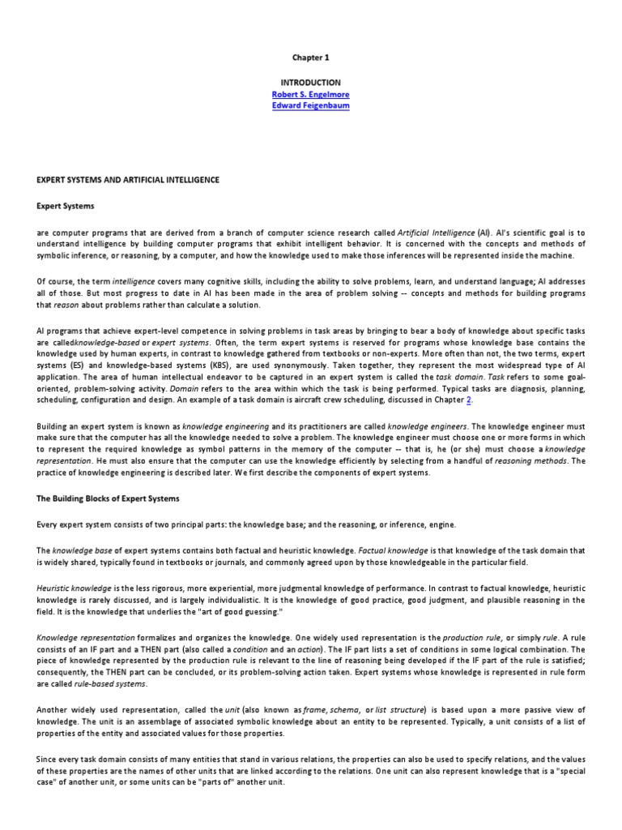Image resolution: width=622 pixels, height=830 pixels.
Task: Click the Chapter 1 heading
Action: pyautogui.click(x=310, y=58)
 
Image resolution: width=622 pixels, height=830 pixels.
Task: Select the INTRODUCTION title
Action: pyautogui.click(x=310, y=83)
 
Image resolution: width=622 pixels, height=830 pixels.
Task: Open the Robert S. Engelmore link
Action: pyautogui.click(x=310, y=94)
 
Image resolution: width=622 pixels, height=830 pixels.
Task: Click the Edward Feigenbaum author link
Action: pyautogui.click(x=310, y=106)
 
